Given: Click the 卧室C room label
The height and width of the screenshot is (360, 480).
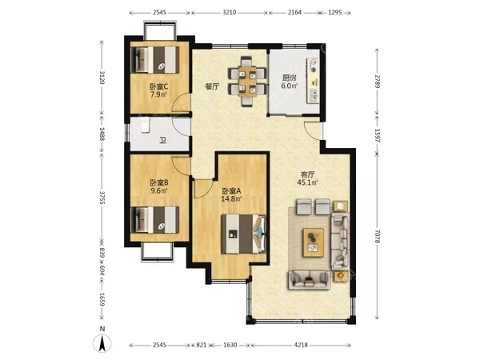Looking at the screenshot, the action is click(158, 86).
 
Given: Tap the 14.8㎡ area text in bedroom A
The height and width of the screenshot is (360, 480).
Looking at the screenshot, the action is click(231, 199).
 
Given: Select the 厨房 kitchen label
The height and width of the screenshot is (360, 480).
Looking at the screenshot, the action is click(289, 78).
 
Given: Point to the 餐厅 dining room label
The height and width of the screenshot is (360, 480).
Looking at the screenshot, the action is click(212, 86).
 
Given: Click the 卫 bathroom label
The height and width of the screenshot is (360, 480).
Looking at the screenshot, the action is click(163, 141).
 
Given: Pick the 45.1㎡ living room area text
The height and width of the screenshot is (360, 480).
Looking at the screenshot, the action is click(308, 182).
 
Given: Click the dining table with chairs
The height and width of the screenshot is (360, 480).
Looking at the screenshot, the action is click(246, 81).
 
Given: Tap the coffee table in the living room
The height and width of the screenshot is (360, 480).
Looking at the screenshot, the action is click(313, 242).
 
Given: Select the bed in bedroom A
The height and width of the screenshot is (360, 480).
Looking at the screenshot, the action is click(244, 234).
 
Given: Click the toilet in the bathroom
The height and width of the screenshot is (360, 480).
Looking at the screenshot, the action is click(145, 126).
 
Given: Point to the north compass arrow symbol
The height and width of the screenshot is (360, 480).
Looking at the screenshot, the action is click(102, 343).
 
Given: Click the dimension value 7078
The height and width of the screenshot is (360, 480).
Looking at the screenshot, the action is click(377, 237).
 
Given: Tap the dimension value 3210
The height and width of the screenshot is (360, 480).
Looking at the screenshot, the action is click(229, 13).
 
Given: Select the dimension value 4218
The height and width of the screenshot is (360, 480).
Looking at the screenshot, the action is click(301, 345).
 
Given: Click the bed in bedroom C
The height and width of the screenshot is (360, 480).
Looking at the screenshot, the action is click(155, 60).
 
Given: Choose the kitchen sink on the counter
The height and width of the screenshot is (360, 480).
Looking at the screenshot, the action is click(314, 96).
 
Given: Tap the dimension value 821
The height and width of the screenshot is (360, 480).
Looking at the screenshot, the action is click(201, 345).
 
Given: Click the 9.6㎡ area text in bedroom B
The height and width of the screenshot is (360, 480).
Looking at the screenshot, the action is click(158, 190).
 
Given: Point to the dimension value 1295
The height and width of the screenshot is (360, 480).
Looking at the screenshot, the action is click(334, 13).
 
